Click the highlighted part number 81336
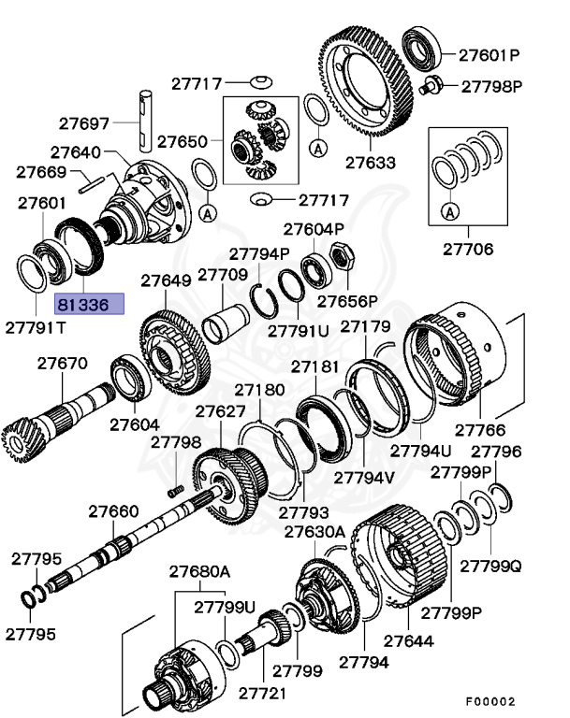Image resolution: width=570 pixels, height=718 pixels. tap(82, 304)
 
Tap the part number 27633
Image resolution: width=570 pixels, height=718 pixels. tap(370, 162)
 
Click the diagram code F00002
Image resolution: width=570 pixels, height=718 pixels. tap(490, 700)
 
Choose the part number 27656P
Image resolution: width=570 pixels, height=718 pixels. tap(346, 301)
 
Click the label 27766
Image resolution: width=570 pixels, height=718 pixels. tap(480, 430)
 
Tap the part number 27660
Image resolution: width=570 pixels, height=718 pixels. tap(114, 511)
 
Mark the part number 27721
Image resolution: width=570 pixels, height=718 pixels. tap(264, 693)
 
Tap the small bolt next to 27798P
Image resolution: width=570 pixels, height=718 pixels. tap(432, 87)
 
